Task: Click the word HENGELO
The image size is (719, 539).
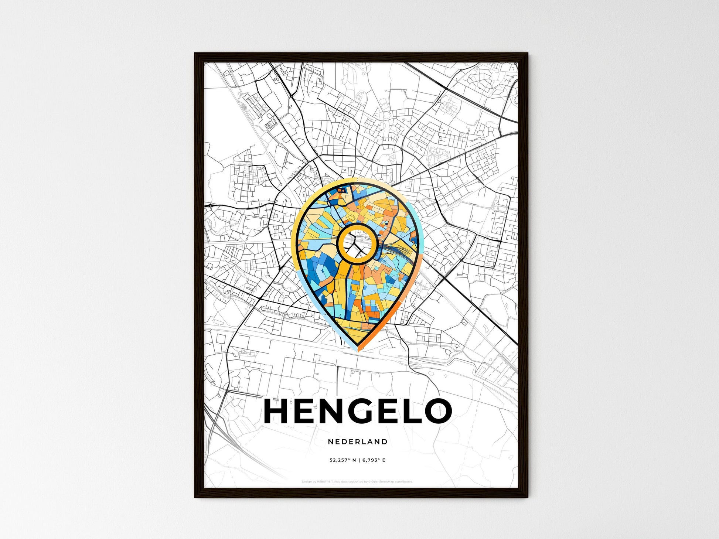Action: click(358, 411)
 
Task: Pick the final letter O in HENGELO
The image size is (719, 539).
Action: click(438, 411)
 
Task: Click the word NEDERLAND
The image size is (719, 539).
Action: click(358, 441)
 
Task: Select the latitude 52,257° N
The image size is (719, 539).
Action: click(343, 460)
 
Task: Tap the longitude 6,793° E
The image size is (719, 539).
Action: click(374, 460)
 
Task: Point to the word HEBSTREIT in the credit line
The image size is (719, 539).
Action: click(324, 482)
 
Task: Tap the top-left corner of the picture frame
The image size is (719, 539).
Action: click(195, 54)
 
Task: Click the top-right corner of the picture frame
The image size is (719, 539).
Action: click(527, 54)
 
